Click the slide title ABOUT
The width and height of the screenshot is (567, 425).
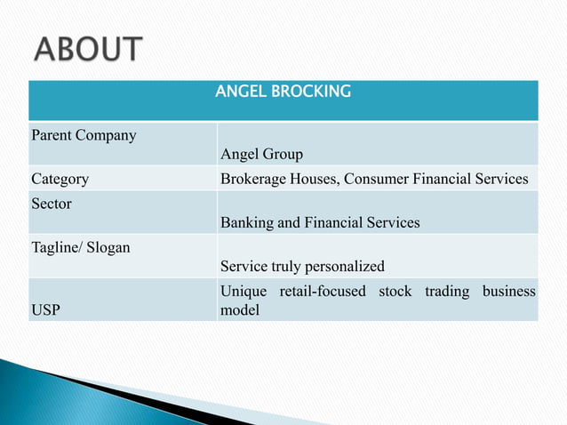pyautogui.click(x=87, y=49)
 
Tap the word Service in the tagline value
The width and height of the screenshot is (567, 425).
pyautogui.click(x=244, y=266)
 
